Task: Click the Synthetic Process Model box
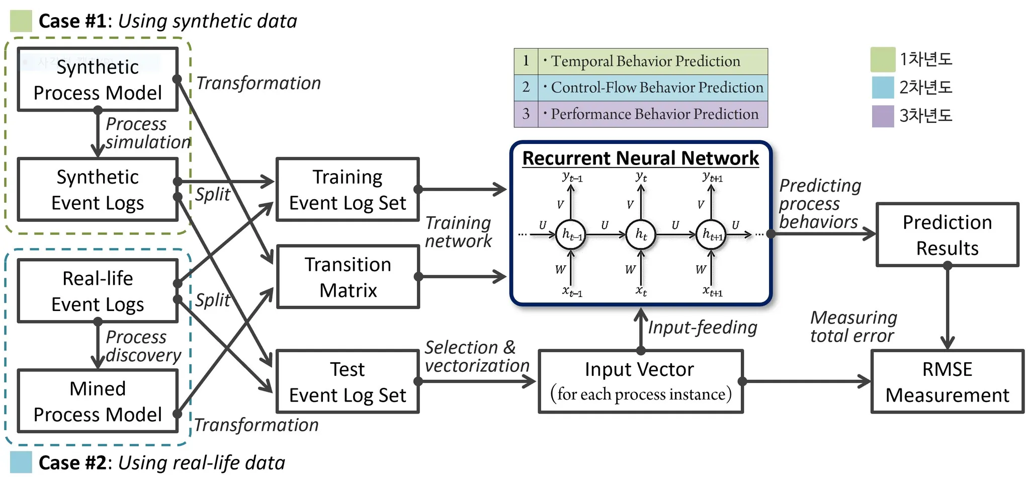(98, 79)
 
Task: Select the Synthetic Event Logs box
(98, 190)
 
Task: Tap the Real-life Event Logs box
(98, 291)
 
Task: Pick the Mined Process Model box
(98, 401)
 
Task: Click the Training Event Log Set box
(348, 190)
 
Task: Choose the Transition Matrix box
(348, 277)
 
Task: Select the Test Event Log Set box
(348, 381)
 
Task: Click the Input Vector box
(640, 381)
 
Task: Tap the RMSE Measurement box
(947, 381)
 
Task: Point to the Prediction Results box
(947, 234)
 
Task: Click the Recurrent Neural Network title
(640, 158)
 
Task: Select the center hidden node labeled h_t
(641, 234)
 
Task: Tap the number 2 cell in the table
(526, 88)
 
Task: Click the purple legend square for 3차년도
(883, 116)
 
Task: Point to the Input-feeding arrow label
(702, 327)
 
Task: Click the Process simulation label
(147, 133)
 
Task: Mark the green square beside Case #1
(21, 21)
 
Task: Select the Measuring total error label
(853, 327)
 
